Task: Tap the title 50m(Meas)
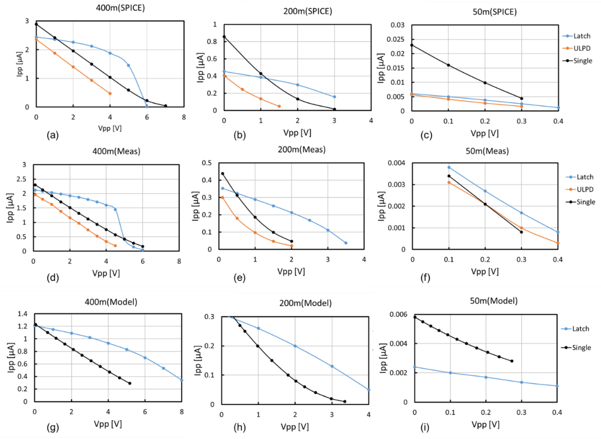(487, 151)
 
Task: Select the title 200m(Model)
(305, 303)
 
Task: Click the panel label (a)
(53, 135)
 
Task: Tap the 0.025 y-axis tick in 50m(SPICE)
(396, 39)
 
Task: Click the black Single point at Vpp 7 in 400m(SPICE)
(165, 106)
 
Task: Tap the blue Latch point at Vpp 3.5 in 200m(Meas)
(346, 243)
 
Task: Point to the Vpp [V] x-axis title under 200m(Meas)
(291, 271)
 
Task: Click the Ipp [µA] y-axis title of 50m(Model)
(383, 358)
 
